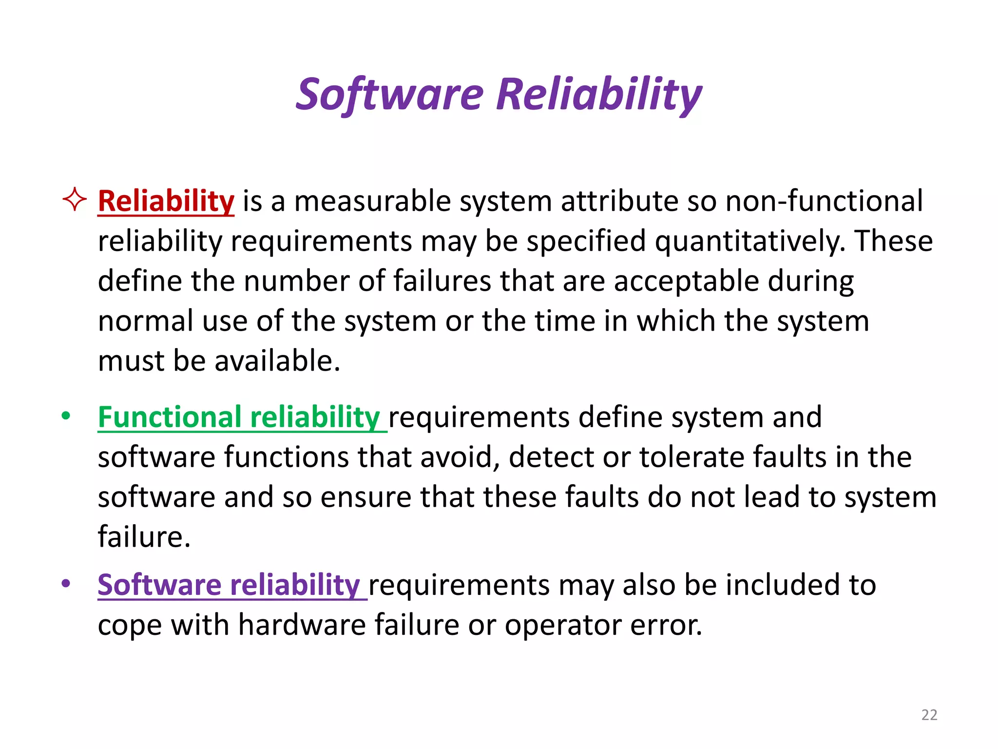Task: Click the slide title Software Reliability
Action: point(499,95)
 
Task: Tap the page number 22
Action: point(929,715)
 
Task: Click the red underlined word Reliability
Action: point(166,201)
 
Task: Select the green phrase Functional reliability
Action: point(239,417)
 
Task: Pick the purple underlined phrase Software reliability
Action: point(229,585)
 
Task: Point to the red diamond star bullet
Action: point(75,199)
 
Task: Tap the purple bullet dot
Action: point(66,584)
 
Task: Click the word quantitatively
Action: point(750,242)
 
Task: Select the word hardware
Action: point(302,625)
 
